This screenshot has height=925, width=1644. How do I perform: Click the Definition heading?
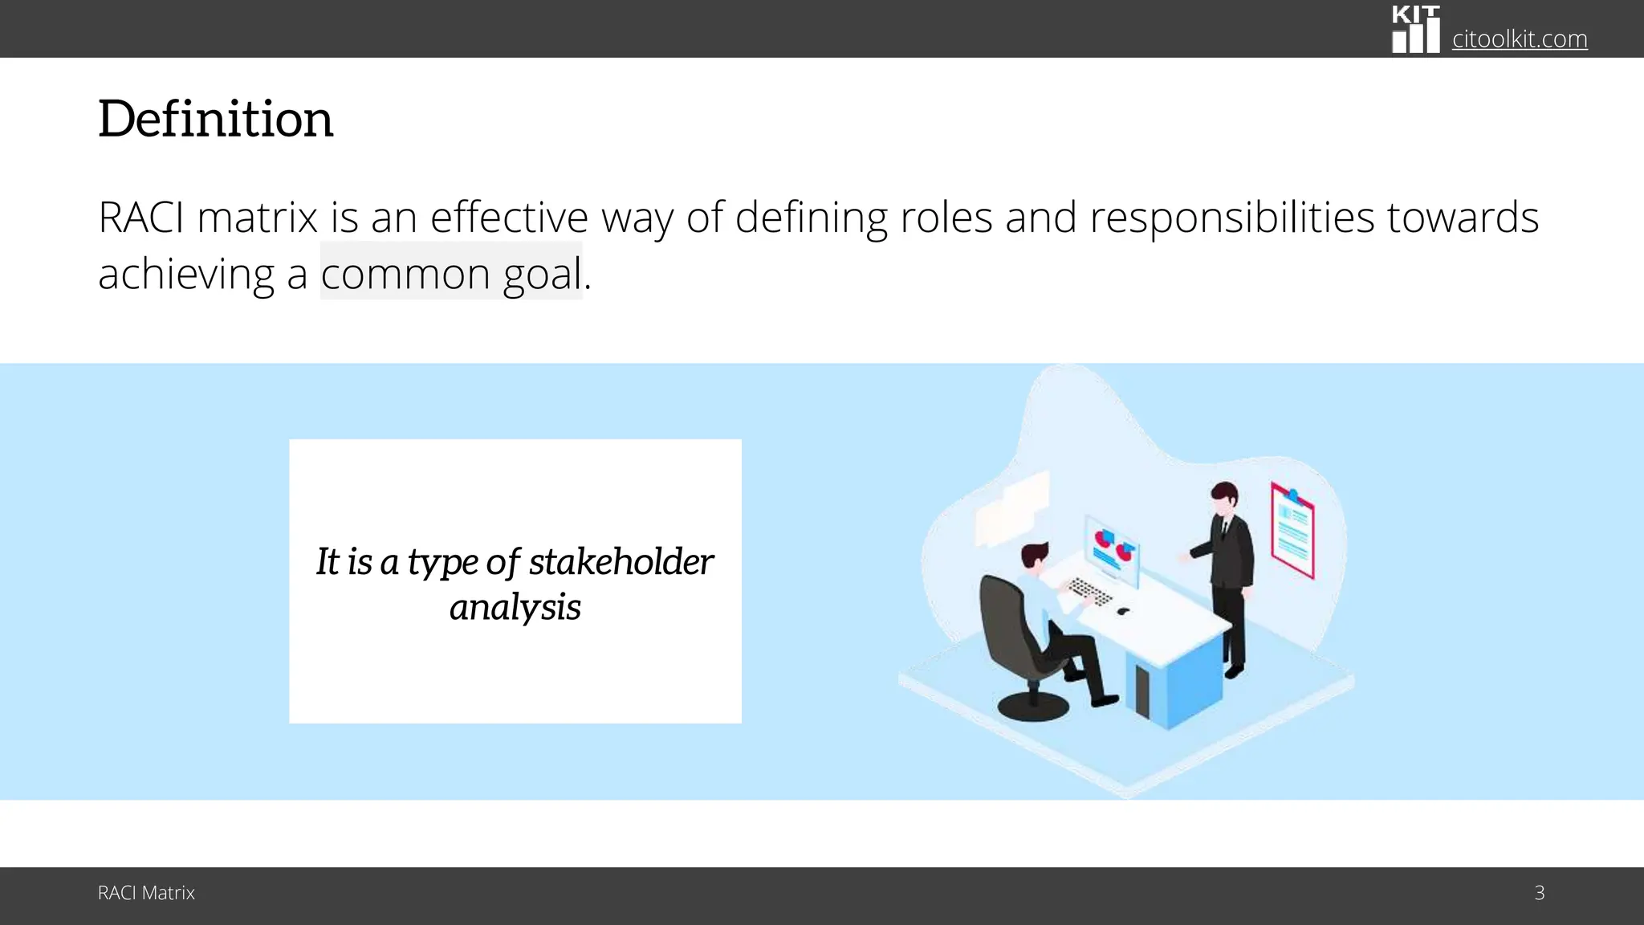click(215, 119)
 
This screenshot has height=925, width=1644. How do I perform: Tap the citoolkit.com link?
click(1519, 39)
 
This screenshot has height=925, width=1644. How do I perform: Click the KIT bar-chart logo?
click(1415, 30)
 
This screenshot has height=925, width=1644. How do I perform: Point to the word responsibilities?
click(1231, 218)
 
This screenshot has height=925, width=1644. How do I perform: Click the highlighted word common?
click(405, 274)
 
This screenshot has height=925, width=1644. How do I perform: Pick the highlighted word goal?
click(542, 274)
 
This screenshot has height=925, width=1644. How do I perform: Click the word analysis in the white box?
click(515, 607)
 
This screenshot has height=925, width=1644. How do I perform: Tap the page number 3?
click(1539, 893)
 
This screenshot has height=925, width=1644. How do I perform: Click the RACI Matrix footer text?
click(146, 893)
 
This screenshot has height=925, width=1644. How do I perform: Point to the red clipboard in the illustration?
click(1292, 530)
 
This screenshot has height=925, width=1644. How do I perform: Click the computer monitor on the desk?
click(1112, 548)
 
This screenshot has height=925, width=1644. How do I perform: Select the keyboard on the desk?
click(1089, 592)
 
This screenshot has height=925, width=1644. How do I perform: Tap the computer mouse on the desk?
click(1123, 612)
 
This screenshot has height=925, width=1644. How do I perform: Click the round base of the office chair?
click(1032, 707)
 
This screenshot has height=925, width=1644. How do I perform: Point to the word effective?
click(509, 218)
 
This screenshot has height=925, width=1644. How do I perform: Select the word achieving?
click(186, 274)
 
